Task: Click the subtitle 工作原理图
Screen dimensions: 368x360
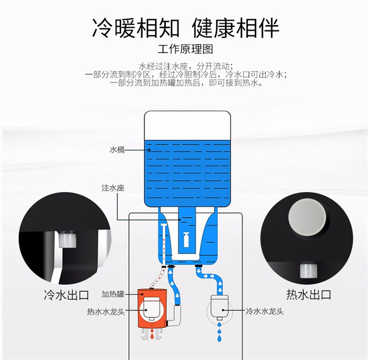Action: pyautogui.click(x=185, y=49)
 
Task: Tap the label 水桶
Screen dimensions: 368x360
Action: pyautogui.click(x=117, y=150)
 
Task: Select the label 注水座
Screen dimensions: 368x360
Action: pyautogui.click(x=113, y=188)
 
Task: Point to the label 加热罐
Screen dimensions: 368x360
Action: pyautogui.click(x=113, y=294)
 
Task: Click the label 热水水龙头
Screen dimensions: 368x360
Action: pyautogui.click(x=106, y=311)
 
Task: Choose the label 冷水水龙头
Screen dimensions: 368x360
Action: pyautogui.click(x=264, y=311)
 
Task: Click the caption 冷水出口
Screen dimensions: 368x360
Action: pyautogui.click(x=66, y=295)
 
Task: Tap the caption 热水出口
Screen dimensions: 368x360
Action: pyautogui.click(x=309, y=294)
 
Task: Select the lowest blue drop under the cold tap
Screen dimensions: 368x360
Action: pyautogui.click(x=219, y=338)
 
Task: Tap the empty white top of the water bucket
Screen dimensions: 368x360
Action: pyautogui.click(x=187, y=126)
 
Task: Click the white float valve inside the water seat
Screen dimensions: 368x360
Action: pyautogui.click(x=186, y=239)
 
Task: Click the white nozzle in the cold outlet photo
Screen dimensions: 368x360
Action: pyautogui.click(x=68, y=239)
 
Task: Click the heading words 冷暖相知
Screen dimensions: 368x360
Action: pyautogui.click(x=135, y=28)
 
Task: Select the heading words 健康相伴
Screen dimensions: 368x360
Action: pyautogui.click(x=236, y=28)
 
